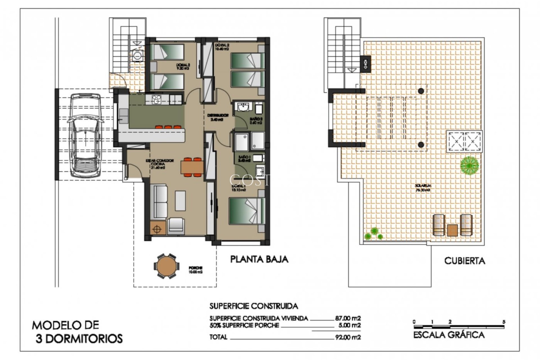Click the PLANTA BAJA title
pyautogui.click(x=259, y=259)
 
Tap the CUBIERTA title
pyautogui.click(x=465, y=261)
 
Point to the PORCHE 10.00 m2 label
pyautogui.click(x=196, y=270)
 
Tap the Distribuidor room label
pyautogui.click(x=218, y=117)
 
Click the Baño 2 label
pyautogui.click(x=256, y=121)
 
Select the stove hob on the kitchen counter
pyautogui.click(x=156, y=99)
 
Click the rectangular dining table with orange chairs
pyautogui.click(x=192, y=167)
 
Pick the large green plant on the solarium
pyautogui.click(x=469, y=165)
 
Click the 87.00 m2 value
pyautogui.click(x=348, y=318)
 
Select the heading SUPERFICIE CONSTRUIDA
pyautogui.click(x=253, y=306)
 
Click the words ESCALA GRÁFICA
pyautogui.click(x=449, y=335)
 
